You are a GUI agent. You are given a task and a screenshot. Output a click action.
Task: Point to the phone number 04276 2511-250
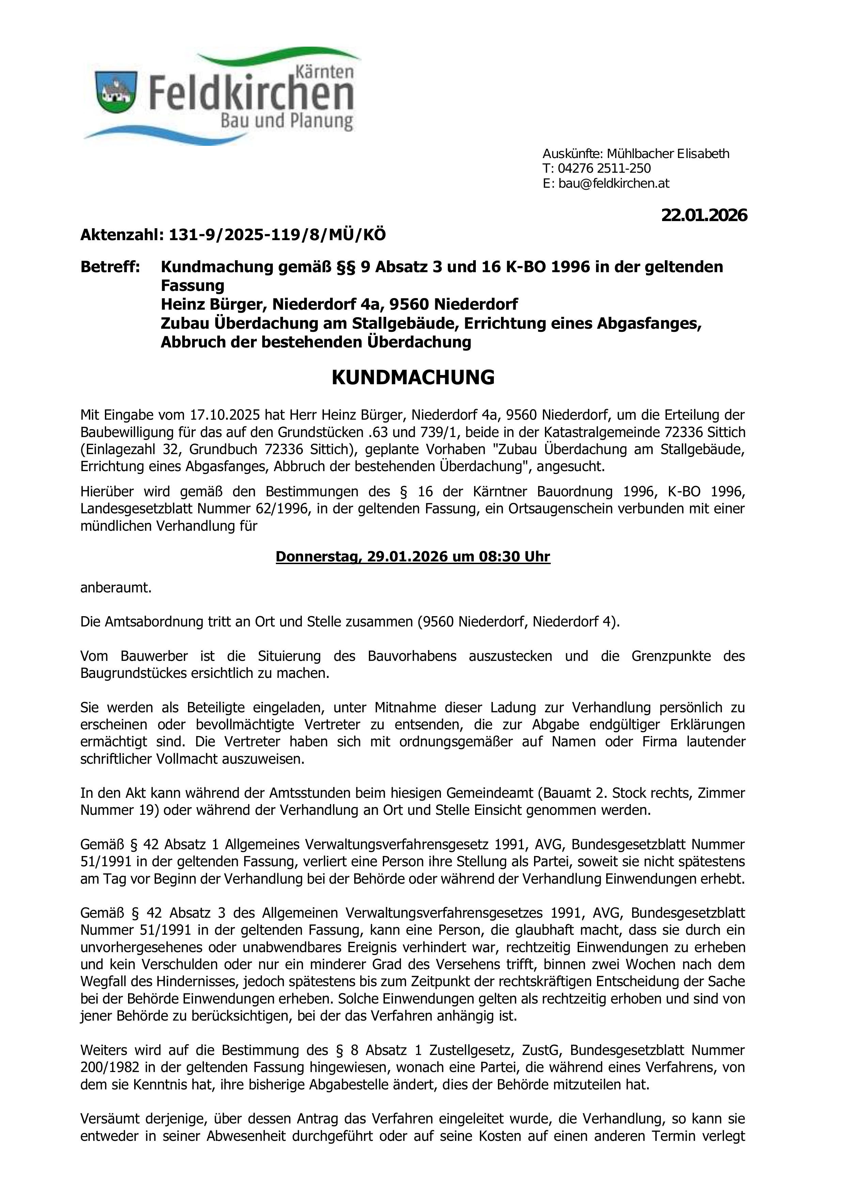[604, 169]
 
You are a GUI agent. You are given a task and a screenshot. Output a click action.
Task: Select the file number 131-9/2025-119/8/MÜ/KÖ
[277, 235]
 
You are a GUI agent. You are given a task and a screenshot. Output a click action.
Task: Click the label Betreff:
[110, 267]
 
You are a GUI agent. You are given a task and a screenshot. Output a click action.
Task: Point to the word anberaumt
[115, 588]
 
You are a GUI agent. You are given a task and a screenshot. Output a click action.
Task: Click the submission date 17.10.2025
[223, 415]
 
